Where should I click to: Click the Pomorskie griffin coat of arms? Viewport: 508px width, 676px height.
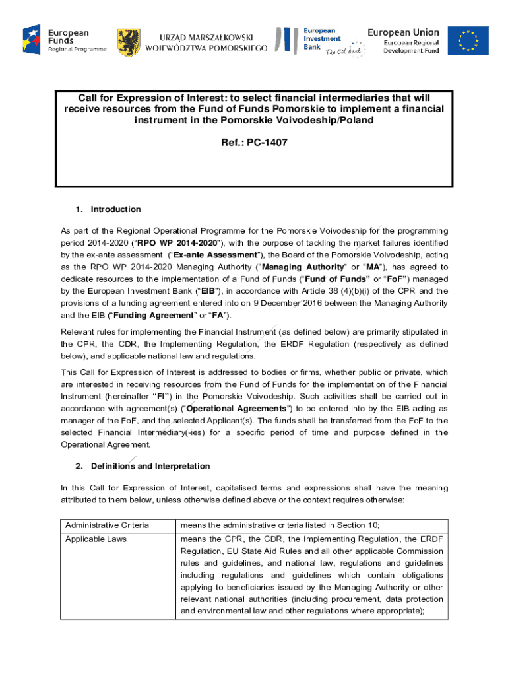coord(128,42)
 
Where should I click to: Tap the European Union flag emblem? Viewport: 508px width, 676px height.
coord(468,41)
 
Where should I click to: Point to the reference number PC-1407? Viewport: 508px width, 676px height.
coord(267,142)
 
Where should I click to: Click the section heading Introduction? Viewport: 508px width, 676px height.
coord(115,209)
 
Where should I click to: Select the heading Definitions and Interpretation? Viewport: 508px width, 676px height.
coord(150,466)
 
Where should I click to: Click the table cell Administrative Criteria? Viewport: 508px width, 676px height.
coord(107,525)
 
